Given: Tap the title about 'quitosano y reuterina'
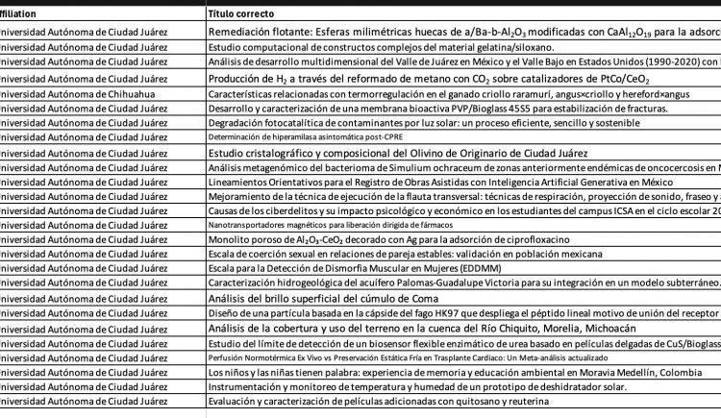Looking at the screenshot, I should [378, 401].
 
